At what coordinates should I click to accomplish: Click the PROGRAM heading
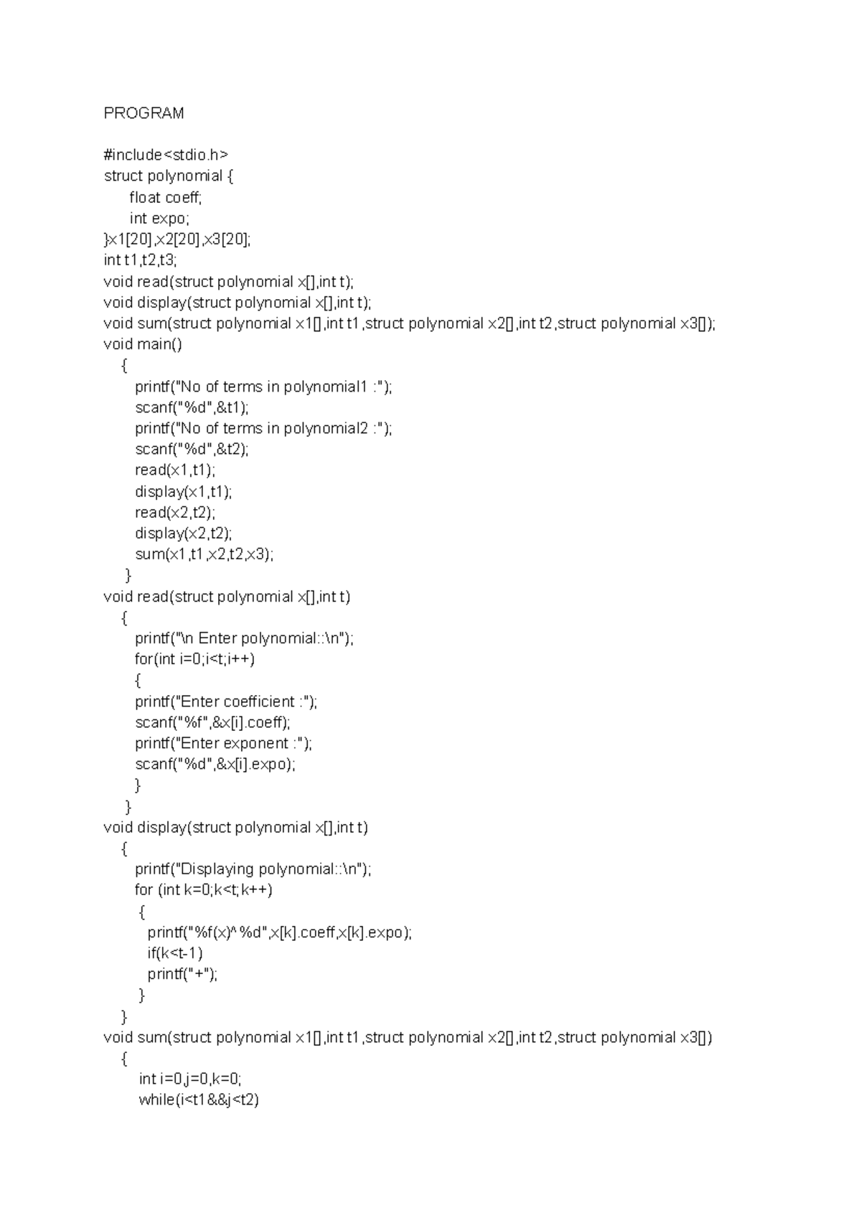[x=143, y=113]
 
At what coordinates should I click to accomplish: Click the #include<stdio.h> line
[x=166, y=155]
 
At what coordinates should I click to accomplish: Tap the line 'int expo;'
[x=159, y=218]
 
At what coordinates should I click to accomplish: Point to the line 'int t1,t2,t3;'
[x=139, y=260]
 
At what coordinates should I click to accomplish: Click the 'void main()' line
[x=143, y=344]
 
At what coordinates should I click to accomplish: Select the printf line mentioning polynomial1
[x=263, y=387]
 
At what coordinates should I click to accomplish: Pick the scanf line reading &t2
[x=192, y=449]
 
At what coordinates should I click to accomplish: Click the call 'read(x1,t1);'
[x=175, y=471]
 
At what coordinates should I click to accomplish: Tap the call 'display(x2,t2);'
[x=184, y=533]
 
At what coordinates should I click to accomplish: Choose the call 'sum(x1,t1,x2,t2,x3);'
[x=204, y=554]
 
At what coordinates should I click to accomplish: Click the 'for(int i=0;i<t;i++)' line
[x=194, y=659]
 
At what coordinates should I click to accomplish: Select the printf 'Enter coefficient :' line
[x=226, y=701]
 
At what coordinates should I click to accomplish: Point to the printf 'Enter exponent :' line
[x=223, y=743]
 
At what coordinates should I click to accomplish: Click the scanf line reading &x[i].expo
[x=215, y=764]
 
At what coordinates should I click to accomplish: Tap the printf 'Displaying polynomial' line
[x=253, y=869]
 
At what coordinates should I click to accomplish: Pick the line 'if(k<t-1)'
[x=175, y=953]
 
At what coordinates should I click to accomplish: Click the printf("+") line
[x=182, y=974]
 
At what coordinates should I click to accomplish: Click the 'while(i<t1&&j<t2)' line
[x=199, y=1100]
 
